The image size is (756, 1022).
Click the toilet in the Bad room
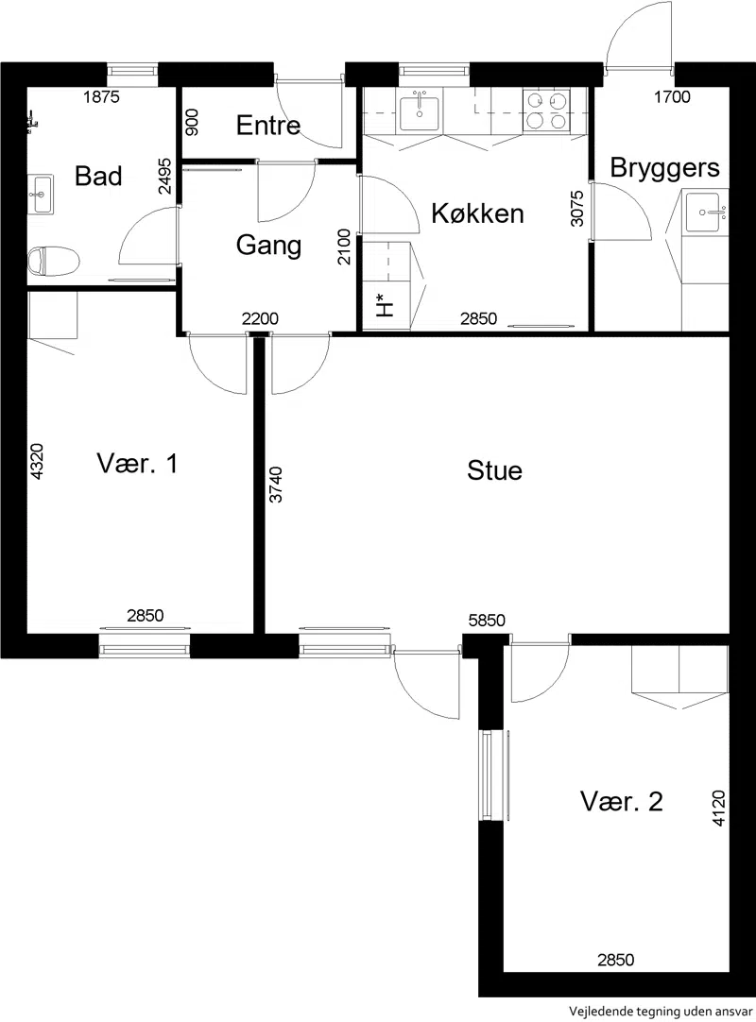(x=54, y=261)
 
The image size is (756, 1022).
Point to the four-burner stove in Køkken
(x=546, y=111)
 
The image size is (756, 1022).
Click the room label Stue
(x=494, y=470)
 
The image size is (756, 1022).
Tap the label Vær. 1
(x=137, y=464)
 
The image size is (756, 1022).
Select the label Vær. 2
(x=621, y=801)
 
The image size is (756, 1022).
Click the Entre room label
(x=268, y=125)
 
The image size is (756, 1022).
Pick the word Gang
(x=268, y=246)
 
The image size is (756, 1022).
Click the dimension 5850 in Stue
(x=488, y=621)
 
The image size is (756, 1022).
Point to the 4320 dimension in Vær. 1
(x=37, y=462)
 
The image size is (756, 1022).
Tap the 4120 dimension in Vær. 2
(x=718, y=809)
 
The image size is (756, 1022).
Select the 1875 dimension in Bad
(x=102, y=97)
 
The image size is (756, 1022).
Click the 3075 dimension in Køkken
(x=576, y=208)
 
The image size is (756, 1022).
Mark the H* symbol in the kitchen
(x=385, y=305)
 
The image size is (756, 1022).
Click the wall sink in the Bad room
(x=41, y=194)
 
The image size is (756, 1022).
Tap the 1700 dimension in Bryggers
(x=673, y=97)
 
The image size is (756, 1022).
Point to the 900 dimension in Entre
(x=193, y=122)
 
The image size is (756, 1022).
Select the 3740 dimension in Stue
(x=277, y=485)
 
